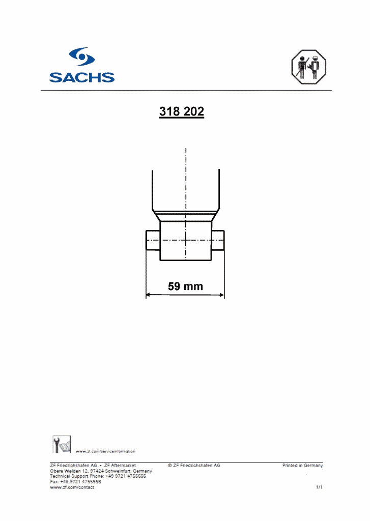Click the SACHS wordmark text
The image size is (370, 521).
coord(81,77)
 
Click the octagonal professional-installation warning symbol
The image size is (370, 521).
coord(308,67)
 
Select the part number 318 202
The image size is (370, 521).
coord(182,112)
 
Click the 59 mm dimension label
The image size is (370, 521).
coord(185,286)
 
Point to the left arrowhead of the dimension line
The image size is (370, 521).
coord(149,295)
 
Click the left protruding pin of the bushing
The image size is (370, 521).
coord(153,240)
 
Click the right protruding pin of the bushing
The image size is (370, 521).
coord(218,240)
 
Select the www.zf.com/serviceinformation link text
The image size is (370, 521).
coord(105,451)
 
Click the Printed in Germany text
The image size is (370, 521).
coord(302,466)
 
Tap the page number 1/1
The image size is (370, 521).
coord(319,487)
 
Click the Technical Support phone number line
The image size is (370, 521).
coord(98,476)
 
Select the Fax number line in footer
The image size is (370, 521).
coord(75,482)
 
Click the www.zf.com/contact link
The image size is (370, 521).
coord(72,487)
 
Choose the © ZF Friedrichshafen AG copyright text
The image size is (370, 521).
coord(194,466)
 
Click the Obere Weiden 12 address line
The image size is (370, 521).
coord(101,471)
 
